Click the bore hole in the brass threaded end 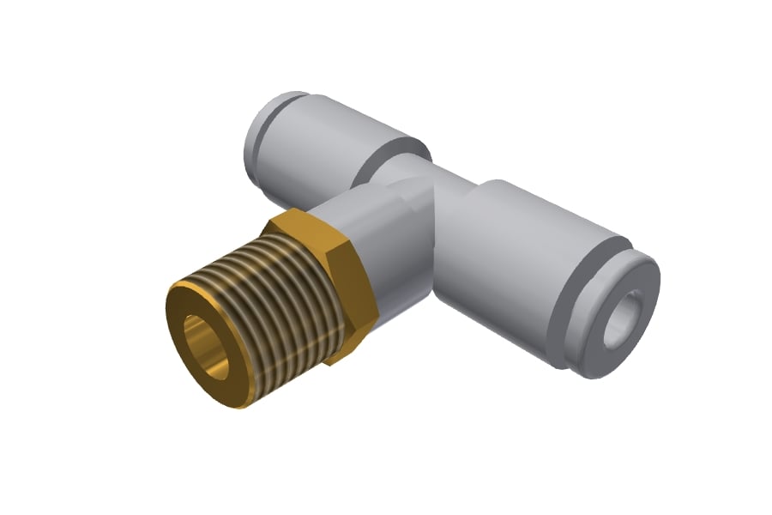[x=208, y=346]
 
